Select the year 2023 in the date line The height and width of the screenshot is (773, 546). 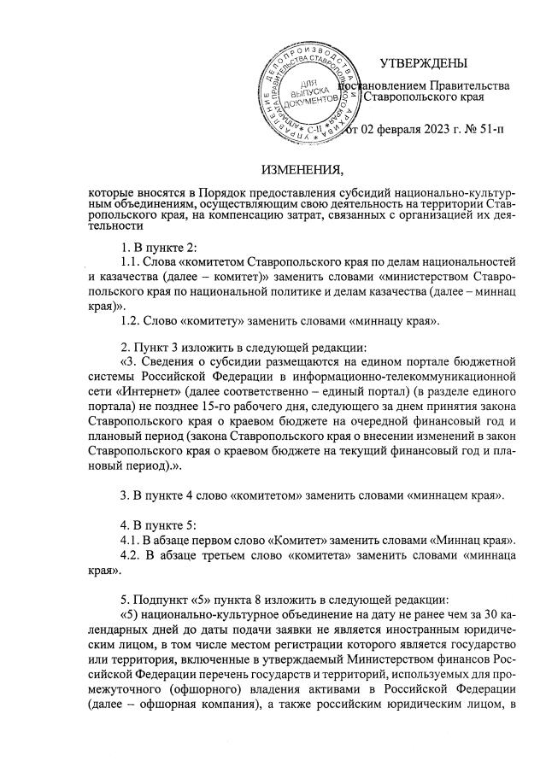coord(425,130)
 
